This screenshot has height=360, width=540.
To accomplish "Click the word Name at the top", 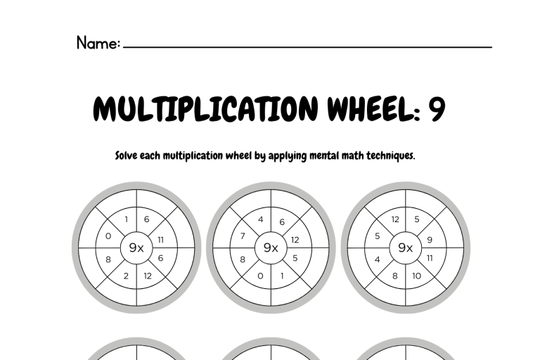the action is [97, 43].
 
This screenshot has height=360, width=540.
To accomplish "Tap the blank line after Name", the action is [307, 46].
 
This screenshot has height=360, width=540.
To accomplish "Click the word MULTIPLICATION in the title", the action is [205, 108].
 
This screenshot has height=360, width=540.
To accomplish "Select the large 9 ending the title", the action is [437, 108].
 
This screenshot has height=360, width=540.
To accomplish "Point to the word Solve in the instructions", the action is [127, 155].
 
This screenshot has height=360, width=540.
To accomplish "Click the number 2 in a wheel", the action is [126, 276].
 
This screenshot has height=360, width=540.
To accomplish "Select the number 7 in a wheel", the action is [243, 236].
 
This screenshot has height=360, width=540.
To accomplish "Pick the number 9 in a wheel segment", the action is [430, 240].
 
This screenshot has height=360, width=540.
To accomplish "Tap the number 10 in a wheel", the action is [416, 276].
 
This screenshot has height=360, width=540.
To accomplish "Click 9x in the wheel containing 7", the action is [271, 247].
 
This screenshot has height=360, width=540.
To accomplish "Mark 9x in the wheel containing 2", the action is [136, 247].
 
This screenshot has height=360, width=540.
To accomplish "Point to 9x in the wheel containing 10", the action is [405, 247].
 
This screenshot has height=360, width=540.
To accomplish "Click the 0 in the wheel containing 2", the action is [108, 236].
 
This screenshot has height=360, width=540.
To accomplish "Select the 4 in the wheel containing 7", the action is [261, 219].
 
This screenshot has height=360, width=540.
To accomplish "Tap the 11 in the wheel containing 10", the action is [430, 258].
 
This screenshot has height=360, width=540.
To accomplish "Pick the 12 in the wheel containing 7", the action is [295, 240].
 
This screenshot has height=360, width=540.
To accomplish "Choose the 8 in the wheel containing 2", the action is [108, 259].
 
